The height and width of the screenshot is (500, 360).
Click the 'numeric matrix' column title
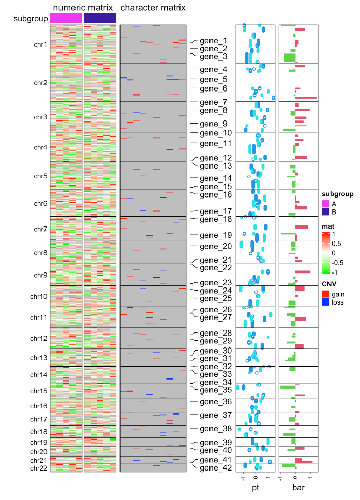83,8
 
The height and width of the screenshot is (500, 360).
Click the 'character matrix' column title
153,8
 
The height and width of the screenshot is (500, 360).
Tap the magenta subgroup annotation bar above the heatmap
66,18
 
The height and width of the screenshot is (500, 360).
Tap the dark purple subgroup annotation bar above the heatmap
100,18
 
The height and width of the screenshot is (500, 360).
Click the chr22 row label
39,468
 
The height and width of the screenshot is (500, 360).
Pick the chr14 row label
39,374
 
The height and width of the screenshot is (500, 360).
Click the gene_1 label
213,41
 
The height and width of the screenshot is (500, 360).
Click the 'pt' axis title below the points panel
256,487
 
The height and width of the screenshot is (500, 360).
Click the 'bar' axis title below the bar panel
298,487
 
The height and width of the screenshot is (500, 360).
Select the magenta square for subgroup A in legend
325,204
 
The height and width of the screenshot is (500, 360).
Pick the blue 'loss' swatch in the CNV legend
325,302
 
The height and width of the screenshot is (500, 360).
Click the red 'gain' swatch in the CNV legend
325,294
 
